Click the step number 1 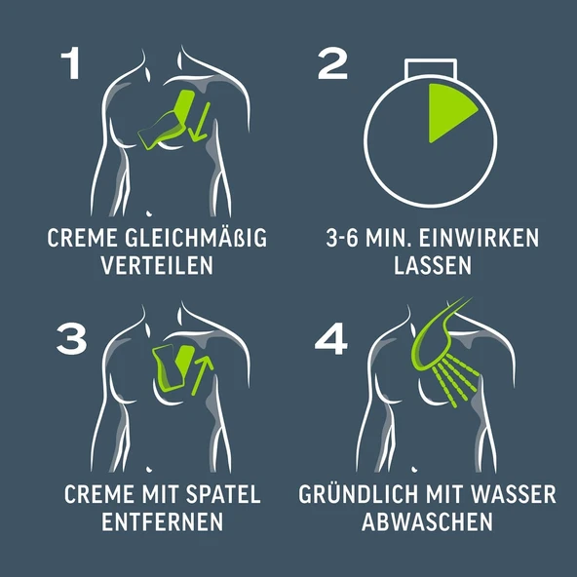(71, 63)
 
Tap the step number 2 (332, 63)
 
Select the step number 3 (72, 338)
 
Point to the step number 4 (331, 338)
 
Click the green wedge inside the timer (447, 110)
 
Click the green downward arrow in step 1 (200, 122)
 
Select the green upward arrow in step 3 (202, 375)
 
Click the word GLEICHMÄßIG (196, 238)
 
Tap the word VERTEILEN (157, 265)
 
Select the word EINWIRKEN (479, 238)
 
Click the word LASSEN (433, 265)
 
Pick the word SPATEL (223, 494)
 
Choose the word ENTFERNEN (162, 521)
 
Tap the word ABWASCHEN (427, 521)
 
